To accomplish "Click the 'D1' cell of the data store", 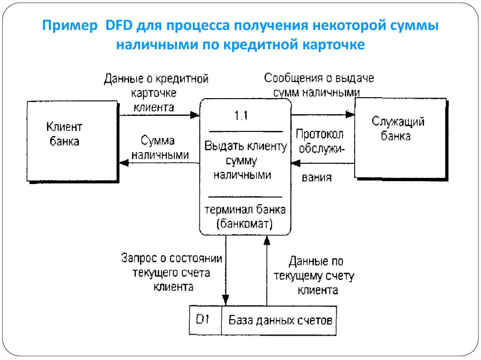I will [203, 321].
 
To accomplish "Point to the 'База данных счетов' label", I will [280, 321].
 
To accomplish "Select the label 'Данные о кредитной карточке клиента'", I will [156, 93].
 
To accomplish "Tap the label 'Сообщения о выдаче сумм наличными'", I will [319, 84].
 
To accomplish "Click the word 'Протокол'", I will [319, 134].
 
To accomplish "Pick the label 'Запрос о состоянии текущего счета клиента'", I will [171, 272].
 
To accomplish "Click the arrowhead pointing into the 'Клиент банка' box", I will [124, 163].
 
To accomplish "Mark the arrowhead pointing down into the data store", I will [225, 299].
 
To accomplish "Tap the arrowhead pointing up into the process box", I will [267, 240].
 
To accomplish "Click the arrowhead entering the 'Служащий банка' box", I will [350, 114].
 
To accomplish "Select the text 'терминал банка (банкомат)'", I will [244, 216].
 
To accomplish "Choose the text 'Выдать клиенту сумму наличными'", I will [245, 161].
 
